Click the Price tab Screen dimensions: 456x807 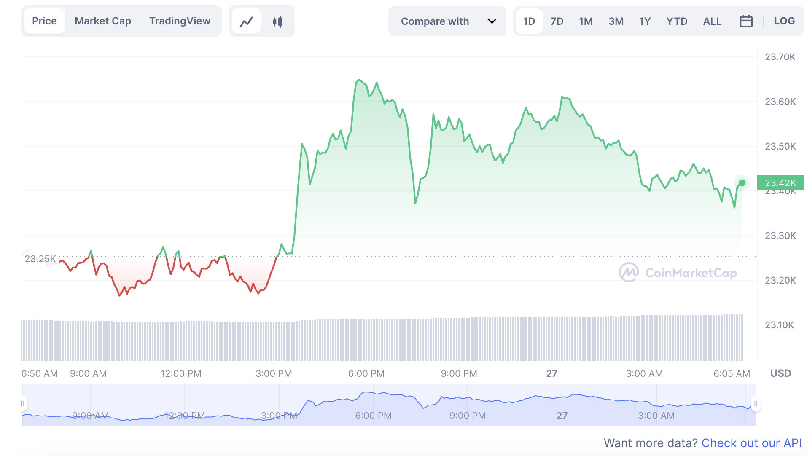tap(44, 21)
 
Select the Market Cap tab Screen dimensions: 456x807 tap(103, 21)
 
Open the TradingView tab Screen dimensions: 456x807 tap(180, 21)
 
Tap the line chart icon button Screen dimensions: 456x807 tap(246, 21)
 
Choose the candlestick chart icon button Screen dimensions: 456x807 tap(277, 21)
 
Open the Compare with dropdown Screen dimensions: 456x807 tap(447, 21)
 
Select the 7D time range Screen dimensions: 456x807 tap(557, 21)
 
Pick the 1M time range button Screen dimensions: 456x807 tap(586, 21)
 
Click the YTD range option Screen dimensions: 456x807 tap(677, 21)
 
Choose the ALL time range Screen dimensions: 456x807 tap(712, 21)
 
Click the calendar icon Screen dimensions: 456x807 tap(746, 21)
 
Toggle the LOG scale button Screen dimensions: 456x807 tap(784, 21)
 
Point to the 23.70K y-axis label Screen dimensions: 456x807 tap(780, 57)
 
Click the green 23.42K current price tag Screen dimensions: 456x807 tap(780, 183)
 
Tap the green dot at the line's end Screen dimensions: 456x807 tap(742, 183)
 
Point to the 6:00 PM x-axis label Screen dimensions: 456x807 tap(366, 373)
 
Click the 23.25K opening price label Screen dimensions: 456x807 tap(40, 259)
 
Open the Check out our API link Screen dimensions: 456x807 tap(751, 443)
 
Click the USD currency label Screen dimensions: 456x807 tap(780, 373)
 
